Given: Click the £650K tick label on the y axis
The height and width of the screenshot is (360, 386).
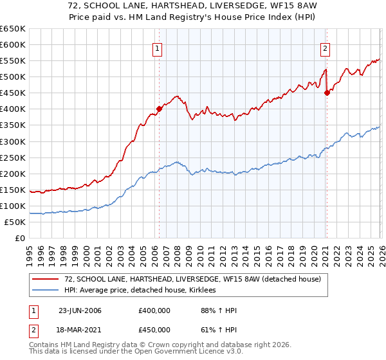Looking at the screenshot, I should click(13, 29).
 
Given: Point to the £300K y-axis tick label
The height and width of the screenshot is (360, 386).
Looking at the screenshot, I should click(13, 141).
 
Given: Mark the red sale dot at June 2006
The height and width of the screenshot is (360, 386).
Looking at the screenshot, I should click(159, 109).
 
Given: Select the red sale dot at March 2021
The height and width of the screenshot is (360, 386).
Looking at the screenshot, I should click(327, 93).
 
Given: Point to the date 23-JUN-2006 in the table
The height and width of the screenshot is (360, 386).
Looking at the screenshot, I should click(80, 310).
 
